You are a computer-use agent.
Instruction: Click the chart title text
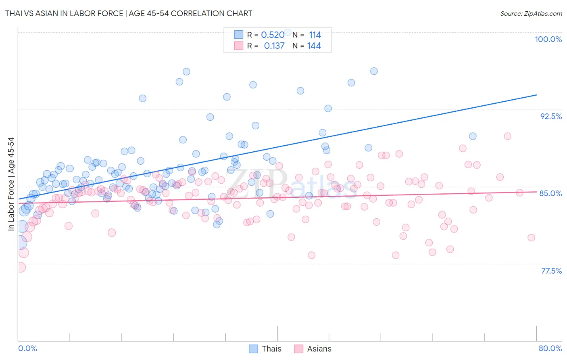click(x=129, y=13)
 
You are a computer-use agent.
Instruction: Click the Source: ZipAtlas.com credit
click(x=531, y=13)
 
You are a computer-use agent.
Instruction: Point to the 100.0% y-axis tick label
click(x=548, y=39)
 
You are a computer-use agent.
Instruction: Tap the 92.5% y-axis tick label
click(x=551, y=116)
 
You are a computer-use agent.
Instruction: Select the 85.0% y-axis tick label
click(x=550, y=193)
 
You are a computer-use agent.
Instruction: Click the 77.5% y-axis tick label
click(x=551, y=271)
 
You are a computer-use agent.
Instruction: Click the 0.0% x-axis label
click(x=27, y=348)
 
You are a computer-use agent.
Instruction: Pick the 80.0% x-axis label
click(x=550, y=348)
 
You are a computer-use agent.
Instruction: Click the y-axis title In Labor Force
click(x=11, y=184)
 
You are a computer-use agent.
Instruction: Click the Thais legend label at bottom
click(x=271, y=349)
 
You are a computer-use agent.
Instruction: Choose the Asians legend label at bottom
click(x=319, y=349)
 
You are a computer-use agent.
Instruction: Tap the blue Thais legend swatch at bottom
click(x=253, y=349)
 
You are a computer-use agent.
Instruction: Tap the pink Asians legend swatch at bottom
click(x=298, y=349)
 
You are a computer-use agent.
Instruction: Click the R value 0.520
click(x=273, y=35)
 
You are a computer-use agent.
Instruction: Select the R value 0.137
click(x=274, y=46)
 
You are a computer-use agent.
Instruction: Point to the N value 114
click(x=315, y=35)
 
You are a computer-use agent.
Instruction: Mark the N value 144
click(x=314, y=46)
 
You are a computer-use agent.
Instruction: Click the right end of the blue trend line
click(x=536, y=95)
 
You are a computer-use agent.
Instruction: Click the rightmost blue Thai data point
click(x=473, y=136)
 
